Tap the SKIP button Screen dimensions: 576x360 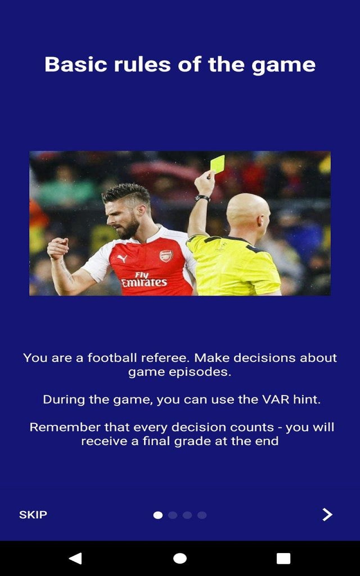click(x=33, y=515)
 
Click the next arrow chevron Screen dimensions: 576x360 click(x=327, y=514)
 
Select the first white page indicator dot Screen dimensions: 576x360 click(x=158, y=515)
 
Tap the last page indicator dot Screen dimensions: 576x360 click(x=202, y=515)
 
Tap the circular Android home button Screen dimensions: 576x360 click(x=180, y=558)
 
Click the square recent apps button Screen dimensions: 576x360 click(x=283, y=558)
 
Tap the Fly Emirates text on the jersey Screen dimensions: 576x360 click(x=144, y=279)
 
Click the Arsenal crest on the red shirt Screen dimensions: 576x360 click(x=166, y=256)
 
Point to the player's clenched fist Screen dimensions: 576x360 click(x=58, y=248)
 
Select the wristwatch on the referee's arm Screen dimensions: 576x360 click(x=202, y=198)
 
